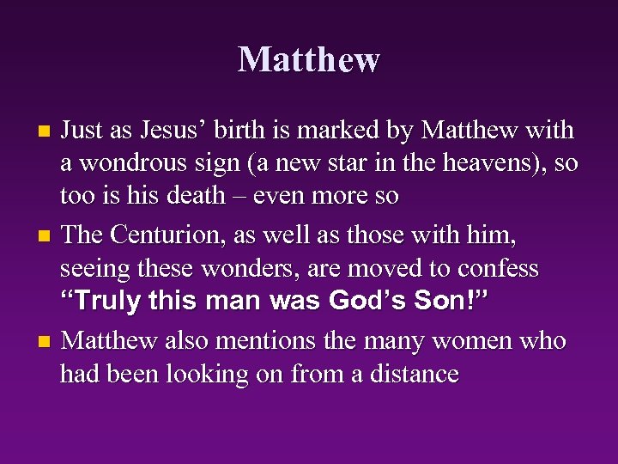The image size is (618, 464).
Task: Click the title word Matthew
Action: tap(309, 59)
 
